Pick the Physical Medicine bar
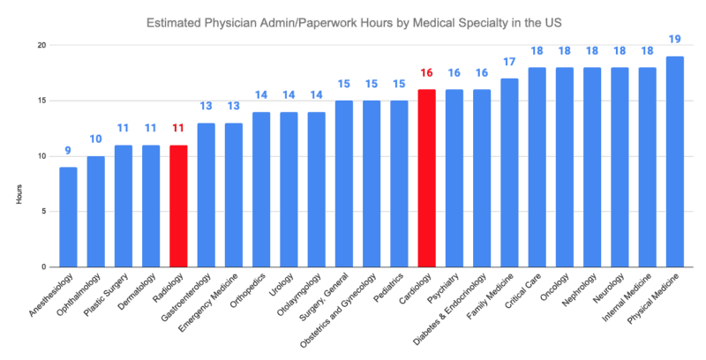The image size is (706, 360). click(x=675, y=161)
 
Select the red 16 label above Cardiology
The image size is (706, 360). click(x=426, y=74)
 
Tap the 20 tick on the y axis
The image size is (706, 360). click(x=41, y=45)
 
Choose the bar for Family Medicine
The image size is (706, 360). click(x=509, y=173)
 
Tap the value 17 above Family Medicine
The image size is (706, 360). click(x=509, y=64)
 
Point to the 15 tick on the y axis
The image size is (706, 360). click(x=41, y=101)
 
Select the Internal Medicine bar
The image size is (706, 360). click(x=648, y=168)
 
